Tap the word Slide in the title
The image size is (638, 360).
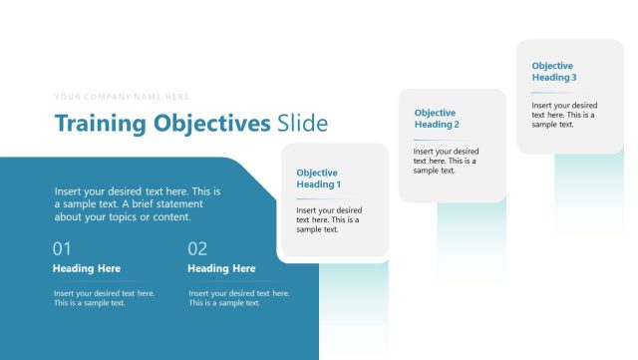click(x=302, y=125)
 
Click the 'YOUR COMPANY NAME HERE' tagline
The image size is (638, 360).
click(x=122, y=97)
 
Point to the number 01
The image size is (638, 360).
click(x=62, y=248)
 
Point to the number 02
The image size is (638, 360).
click(x=197, y=248)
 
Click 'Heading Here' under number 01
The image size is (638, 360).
click(x=87, y=268)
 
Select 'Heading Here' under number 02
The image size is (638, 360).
click(x=221, y=268)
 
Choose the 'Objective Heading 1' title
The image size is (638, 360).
click(x=319, y=179)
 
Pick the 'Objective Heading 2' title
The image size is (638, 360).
click(x=437, y=119)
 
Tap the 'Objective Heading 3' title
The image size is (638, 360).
click(x=554, y=71)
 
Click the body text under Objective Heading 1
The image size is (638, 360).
click(x=329, y=219)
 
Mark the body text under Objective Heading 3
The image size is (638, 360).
click(x=564, y=114)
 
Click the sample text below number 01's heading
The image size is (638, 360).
click(x=104, y=298)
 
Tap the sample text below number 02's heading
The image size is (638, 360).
click(x=239, y=298)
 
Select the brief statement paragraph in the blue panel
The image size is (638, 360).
click(x=138, y=203)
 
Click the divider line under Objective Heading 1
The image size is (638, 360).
click(x=309, y=197)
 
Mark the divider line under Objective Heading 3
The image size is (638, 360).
click(x=544, y=92)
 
